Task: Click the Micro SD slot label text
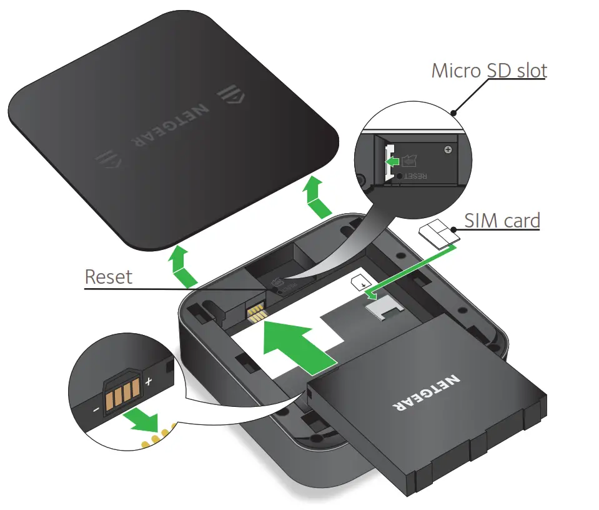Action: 489,71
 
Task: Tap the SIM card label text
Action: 502,220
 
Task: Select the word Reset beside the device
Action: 109,276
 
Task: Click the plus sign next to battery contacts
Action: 149,381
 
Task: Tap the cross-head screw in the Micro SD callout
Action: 447,150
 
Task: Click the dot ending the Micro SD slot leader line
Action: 454,113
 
